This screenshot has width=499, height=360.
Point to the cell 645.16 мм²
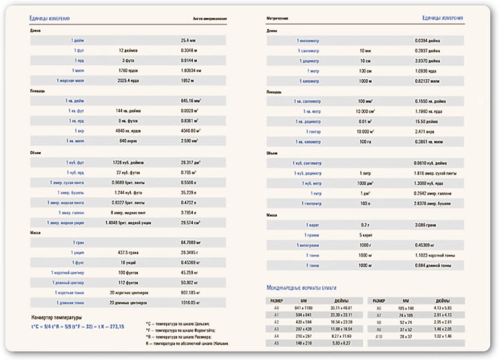(x=191, y=101)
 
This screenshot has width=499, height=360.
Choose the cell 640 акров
(x=128, y=141)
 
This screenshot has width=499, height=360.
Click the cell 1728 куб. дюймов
(x=128, y=162)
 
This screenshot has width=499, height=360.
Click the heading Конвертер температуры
(x=57, y=318)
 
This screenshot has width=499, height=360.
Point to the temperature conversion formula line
(x=77, y=327)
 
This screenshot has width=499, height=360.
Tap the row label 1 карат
(x=312, y=225)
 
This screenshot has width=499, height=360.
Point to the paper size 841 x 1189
(x=304, y=308)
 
